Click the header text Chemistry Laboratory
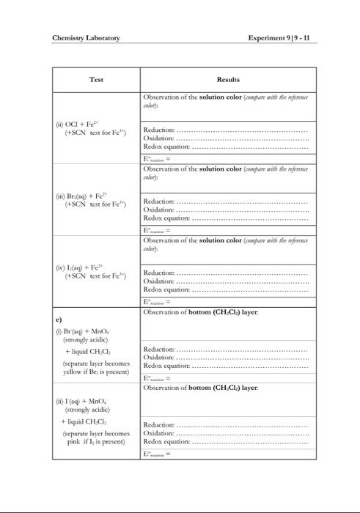click(86, 38)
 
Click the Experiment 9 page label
click(283, 38)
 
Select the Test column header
click(96, 79)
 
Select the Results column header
click(228, 79)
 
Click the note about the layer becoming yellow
click(95, 367)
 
